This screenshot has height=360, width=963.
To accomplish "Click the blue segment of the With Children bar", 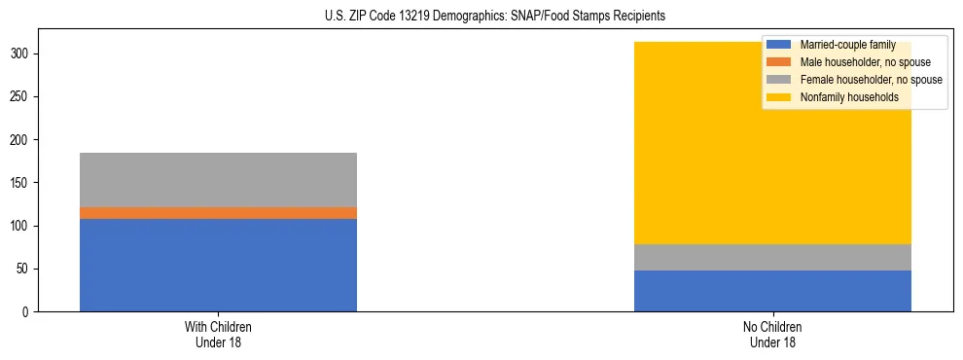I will pos(218,265).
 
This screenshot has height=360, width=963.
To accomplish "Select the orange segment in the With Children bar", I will pos(218,213).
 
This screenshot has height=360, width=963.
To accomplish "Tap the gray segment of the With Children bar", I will pos(218,180).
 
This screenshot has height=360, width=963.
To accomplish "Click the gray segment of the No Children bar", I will pos(772,257).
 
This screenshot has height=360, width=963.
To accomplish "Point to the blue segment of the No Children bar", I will pos(772,291).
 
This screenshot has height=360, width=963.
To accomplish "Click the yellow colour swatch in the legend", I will pos(779,97).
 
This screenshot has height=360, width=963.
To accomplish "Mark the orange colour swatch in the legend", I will pos(779,62).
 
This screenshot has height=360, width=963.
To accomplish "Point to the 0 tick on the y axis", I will pos(30,311).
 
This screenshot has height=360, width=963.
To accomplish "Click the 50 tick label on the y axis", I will pos(27,269).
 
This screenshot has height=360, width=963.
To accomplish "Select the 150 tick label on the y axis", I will pos(24,183).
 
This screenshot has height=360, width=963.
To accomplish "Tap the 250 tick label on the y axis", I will pos(24,97).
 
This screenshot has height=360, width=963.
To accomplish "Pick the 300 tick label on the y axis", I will pos(24,54).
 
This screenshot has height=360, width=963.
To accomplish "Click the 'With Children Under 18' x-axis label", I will pos(218,335).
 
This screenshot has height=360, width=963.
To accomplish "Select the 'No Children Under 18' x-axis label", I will pos(772,335).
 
